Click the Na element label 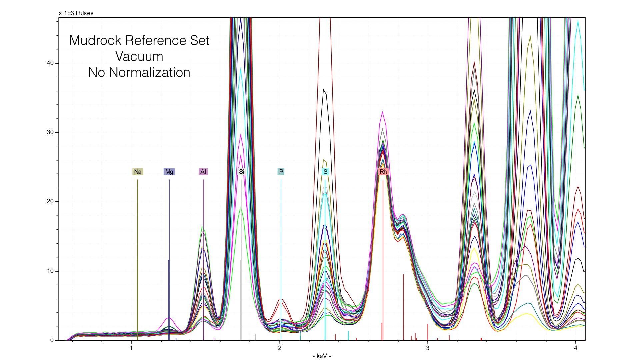tap(138, 172)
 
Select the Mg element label tap(169, 172)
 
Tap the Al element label tap(203, 172)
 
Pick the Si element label tap(241, 172)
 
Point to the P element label tap(281, 172)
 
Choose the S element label tap(325, 172)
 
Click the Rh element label tap(383, 172)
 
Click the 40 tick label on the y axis tap(50, 63)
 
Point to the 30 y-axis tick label tap(50, 132)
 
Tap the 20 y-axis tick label tap(50, 201)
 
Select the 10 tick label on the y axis tap(50, 271)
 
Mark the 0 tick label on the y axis tap(52, 340)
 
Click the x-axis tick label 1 tap(131, 348)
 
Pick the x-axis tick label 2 tap(280, 348)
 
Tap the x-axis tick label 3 tap(428, 348)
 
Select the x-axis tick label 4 tap(576, 348)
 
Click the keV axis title tap(322, 356)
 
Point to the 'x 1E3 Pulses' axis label tap(76, 13)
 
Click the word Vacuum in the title tap(139, 56)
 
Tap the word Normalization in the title tap(149, 72)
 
